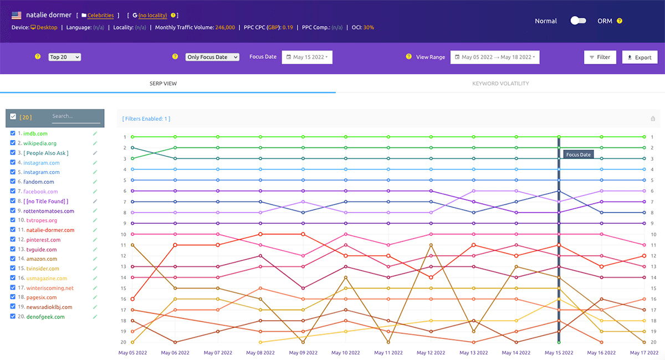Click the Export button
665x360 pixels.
(x=640, y=57)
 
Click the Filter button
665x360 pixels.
(x=600, y=57)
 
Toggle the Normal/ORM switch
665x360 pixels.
(x=578, y=20)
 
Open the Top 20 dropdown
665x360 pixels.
(x=65, y=57)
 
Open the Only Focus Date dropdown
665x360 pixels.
(x=212, y=57)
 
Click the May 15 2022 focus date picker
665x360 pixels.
(x=307, y=57)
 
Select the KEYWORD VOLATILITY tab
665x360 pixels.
(x=500, y=84)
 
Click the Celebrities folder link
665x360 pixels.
(x=100, y=16)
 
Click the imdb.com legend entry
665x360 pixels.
(x=35, y=133)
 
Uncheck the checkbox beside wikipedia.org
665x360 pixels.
(x=13, y=143)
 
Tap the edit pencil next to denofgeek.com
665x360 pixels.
(x=95, y=317)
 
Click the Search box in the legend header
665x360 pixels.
(x=76, y=116)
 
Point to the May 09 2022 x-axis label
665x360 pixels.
(x=303, y=353)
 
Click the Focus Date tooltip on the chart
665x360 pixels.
(x=578, y=155)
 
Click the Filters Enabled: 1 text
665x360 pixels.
(x=146, y=119)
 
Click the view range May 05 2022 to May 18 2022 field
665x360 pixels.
(x=495, y=57)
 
